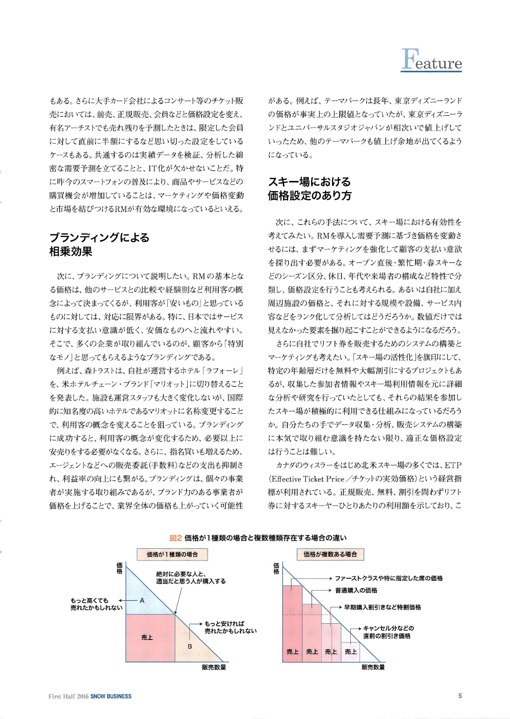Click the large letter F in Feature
coord(407,60)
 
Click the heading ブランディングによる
coord(99,237)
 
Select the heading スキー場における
coord(310,182)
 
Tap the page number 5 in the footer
coord(460,696)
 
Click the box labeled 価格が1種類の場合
coord(172,554)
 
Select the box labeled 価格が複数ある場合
coord(330,554)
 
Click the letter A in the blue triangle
coord(142,601)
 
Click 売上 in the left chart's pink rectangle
coord(147,637)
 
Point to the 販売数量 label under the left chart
coord(214,667)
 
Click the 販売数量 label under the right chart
coord(373,667)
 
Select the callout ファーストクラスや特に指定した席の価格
coord(389,578)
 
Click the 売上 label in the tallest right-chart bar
coord(292,652)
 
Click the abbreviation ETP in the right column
coord(453,465)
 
